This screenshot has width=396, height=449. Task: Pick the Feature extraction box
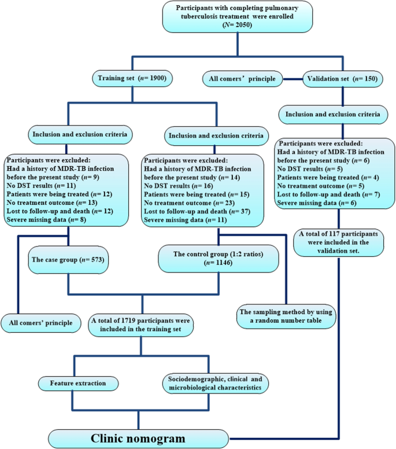pos(78,383)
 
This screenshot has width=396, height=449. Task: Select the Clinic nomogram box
pos(138,437)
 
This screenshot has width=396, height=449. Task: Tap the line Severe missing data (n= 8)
pos(42,219)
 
